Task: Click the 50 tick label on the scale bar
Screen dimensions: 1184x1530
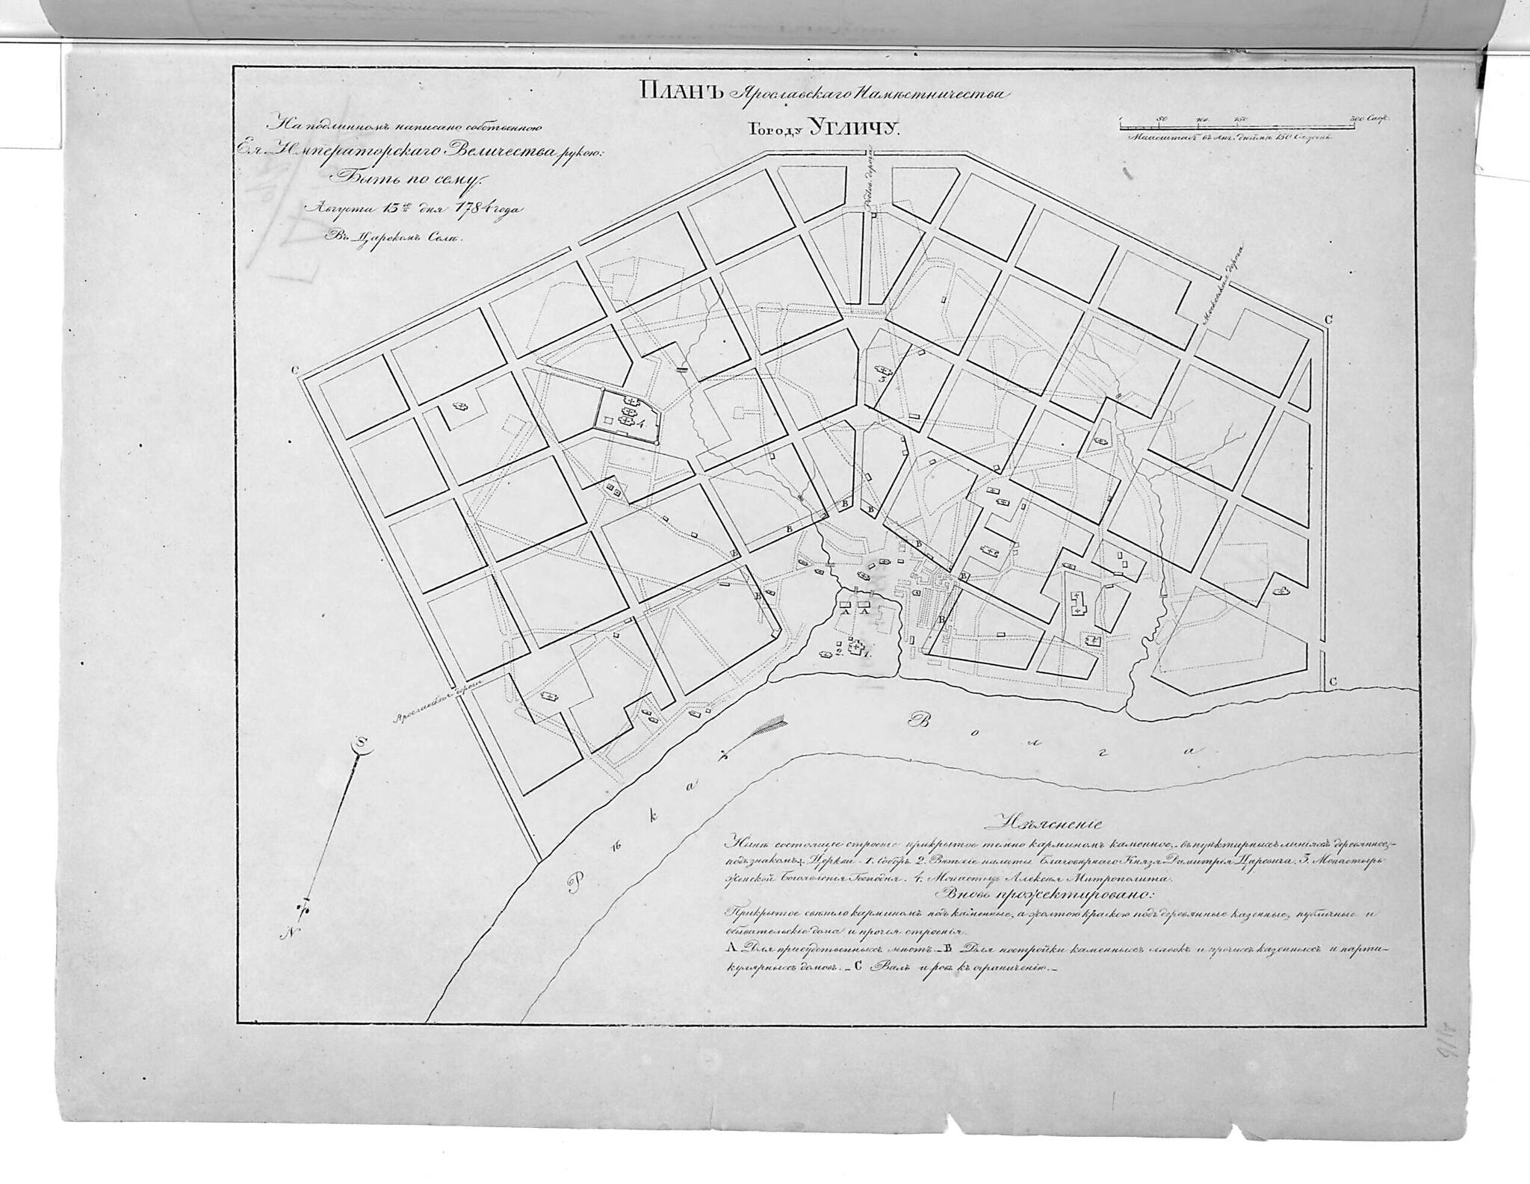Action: tap(1162, 118)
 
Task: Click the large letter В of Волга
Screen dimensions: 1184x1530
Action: tap(916, 720)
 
